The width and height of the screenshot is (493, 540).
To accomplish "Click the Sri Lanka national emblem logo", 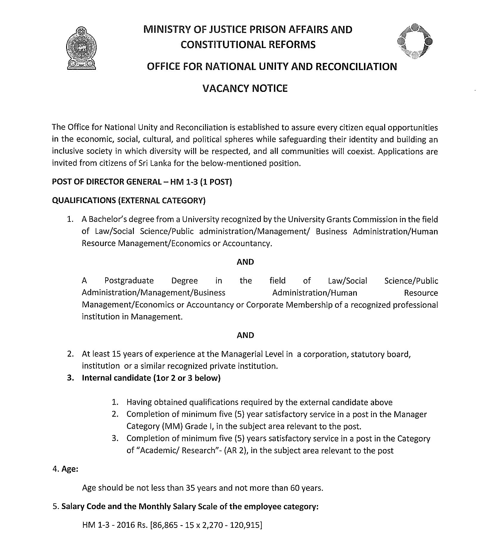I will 81,48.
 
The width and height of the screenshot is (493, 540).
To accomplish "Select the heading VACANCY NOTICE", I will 245,89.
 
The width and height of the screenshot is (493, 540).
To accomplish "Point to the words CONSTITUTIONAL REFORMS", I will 248,45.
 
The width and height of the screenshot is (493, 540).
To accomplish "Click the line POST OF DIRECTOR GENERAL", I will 142,182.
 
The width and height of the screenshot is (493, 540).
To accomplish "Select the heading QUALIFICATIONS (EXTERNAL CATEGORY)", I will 129,200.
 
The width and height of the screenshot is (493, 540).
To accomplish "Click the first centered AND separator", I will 245,262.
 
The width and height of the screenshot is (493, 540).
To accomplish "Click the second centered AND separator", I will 245,335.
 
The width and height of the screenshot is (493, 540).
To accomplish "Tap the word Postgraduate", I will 129,281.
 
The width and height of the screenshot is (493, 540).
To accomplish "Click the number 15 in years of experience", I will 116,354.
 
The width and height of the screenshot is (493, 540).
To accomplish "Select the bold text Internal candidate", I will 116,378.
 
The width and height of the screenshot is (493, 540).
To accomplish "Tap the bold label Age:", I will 70,469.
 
